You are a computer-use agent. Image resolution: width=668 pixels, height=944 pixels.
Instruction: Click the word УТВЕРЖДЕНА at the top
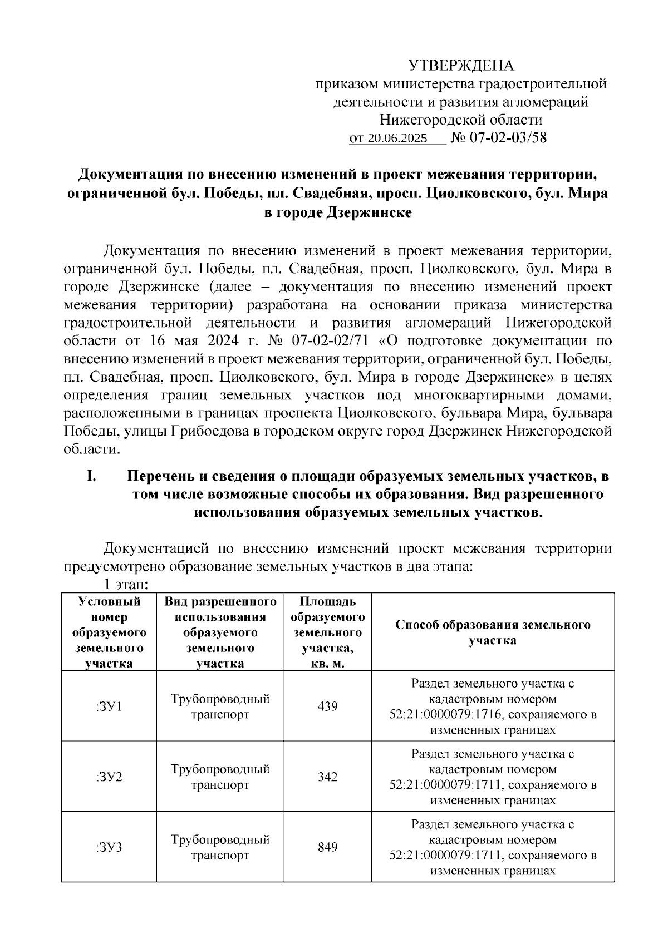pos(461,66)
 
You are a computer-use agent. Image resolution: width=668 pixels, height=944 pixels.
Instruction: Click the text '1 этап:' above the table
pos(123,585)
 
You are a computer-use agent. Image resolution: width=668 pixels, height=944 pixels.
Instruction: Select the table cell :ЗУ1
pos(109,706)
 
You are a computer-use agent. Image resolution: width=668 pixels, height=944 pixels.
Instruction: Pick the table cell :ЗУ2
pos(109,777)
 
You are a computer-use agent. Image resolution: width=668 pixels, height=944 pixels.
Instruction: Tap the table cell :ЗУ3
pos(109,847)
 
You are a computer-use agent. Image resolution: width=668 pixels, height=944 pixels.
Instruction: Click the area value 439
pos(327,706)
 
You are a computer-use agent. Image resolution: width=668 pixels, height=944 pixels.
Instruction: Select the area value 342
pos(327,777)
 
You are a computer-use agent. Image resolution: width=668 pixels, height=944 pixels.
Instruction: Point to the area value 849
pos(327,847)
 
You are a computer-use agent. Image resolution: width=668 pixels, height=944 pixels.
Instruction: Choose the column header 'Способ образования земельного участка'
pos(493,632)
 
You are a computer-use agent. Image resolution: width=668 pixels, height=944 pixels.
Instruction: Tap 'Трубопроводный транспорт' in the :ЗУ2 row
pos(220,777)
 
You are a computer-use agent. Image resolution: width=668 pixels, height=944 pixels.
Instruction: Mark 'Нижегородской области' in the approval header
pos(461,120)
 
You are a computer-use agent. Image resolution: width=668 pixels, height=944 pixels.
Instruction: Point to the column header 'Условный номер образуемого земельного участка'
pos(109,632)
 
